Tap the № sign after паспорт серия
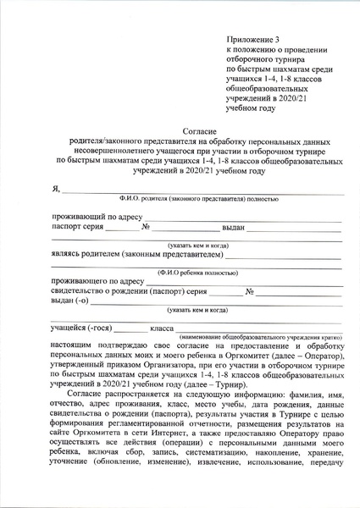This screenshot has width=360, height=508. tap(146, 228)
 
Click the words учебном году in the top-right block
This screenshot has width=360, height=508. tap(251, 108)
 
